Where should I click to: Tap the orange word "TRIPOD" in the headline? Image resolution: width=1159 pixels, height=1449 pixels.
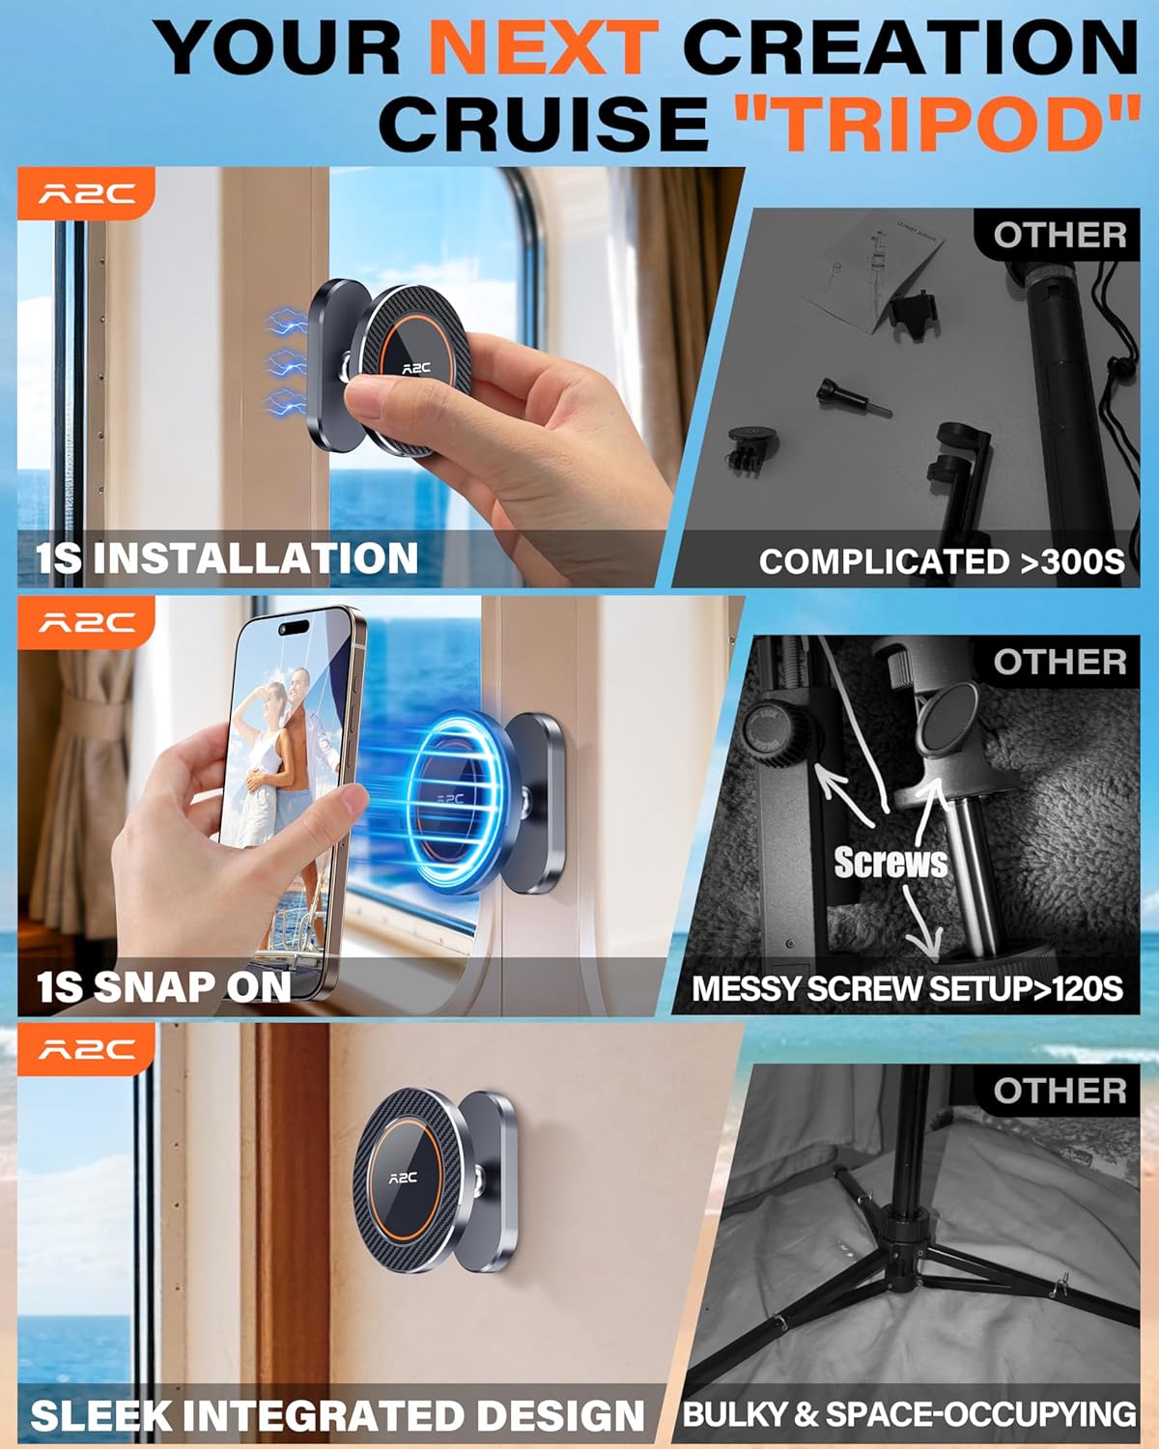click(x=937, y=124)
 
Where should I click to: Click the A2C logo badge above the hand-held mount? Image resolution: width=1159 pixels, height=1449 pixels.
click(x=86, y=194)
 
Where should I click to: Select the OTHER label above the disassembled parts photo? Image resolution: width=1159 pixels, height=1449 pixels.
click(x=1060, y=235)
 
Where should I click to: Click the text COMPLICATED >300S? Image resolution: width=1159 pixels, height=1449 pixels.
click(x=942, y=561)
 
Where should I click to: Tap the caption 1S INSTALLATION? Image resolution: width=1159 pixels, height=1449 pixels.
click(x=228, y=559)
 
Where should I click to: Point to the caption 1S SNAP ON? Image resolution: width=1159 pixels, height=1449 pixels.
click(x=164, y=986)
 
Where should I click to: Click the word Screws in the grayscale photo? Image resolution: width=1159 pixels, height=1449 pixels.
click(x=890, y=863)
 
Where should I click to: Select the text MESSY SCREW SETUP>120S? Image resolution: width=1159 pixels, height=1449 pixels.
click(x=907, y=989)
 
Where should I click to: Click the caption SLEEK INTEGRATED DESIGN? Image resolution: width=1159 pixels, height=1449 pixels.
click(x=337, y=1416)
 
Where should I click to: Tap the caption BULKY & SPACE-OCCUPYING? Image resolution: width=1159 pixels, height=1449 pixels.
click(x=909, y=1415)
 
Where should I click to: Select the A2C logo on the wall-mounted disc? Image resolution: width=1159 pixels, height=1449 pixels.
click(x=403, y=1178)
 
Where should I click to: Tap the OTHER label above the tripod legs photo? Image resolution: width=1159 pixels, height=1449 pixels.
click(x=1060, y=1092)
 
